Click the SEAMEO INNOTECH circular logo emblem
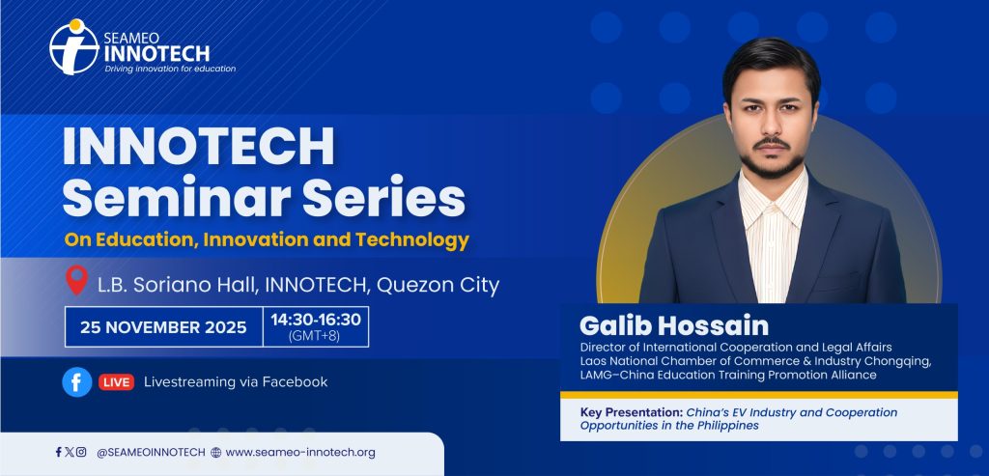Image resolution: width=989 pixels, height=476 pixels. [x=74, y=47]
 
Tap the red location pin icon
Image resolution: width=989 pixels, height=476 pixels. [x=77, y=281]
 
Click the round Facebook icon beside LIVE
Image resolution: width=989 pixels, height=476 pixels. [x=77, y=382]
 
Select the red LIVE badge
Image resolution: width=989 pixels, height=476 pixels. [x=116, y=382]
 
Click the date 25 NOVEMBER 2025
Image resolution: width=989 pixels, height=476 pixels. [x=163, y=327]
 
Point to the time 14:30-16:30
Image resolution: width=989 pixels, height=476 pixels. [x=316, y=320]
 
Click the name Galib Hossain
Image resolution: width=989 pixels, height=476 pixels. [x=673, y=326]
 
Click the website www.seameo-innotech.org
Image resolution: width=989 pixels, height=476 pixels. [x=300, y=452]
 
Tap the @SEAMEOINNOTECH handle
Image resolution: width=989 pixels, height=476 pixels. [x=151, y=452]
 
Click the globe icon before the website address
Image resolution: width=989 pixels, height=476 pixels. [x=216, y=452]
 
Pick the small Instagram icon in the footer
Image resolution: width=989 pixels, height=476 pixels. [x=81, y=452]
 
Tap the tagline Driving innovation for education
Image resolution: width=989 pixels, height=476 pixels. [x=170, y=69]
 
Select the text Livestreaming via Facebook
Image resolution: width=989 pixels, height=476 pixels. [x=236, y=381]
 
